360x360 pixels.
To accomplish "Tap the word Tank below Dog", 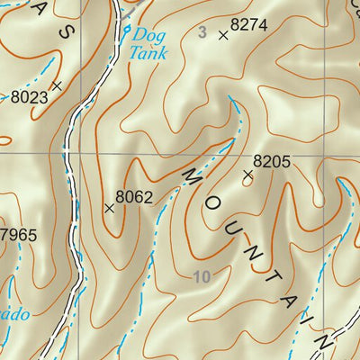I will [147, 53].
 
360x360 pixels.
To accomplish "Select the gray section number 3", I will [202, 32].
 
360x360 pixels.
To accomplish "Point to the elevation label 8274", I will [249, 26].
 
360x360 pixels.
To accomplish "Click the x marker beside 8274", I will [222, 36].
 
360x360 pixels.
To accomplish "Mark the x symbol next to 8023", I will [57, 85].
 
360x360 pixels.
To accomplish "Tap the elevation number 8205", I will [271, 162].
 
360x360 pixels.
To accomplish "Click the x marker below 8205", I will [248, 176].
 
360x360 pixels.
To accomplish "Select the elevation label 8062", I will [134, 195].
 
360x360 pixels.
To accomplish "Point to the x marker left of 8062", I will [109, 208].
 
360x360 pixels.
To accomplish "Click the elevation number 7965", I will [18, 236].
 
